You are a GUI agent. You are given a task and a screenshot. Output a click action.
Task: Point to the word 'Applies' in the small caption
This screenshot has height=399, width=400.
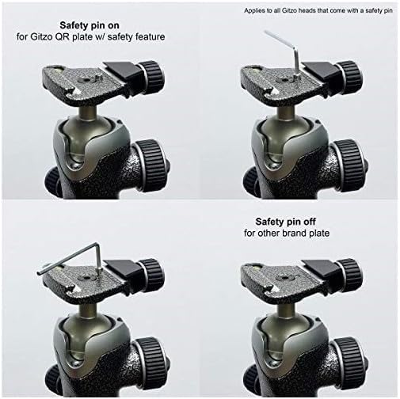[253, 11]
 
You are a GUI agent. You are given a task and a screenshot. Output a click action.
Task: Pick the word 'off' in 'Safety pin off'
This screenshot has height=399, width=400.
[310, 222]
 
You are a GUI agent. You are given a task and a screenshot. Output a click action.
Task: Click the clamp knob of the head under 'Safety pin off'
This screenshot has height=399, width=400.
[350, 273]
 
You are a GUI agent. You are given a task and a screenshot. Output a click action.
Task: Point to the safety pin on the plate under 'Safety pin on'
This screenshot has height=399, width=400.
[98, 78]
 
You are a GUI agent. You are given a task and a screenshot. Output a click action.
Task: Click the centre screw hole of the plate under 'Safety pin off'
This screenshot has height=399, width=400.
[284, 278]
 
